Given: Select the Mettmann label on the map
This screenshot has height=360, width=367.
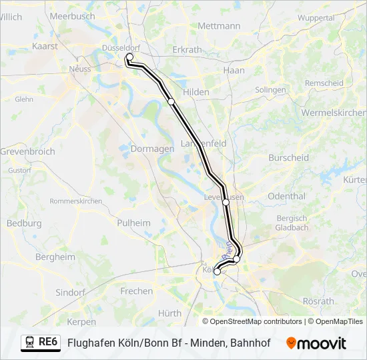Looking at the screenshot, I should click(x=219, y=26).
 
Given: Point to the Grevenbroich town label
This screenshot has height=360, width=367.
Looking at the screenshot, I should click(x=27, y=151).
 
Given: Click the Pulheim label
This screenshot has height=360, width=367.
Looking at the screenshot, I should click(x=133, y=223).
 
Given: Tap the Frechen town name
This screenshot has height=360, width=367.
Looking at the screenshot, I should click(x=136, y=291).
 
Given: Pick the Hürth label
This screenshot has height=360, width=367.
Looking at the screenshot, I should click(x=169, y=313).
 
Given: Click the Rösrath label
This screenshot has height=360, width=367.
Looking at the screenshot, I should click(x=318, y=301).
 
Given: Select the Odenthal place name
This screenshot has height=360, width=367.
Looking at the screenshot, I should click(x=286, y=196).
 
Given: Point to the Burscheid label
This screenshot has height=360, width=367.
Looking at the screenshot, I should click(x=288, y=158).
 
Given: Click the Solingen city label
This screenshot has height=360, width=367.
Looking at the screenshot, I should click(x=270, y=89).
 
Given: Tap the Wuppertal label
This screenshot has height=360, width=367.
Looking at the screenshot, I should click(x=316, y=17).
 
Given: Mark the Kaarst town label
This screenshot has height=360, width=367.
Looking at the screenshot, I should click(x=45, y=47).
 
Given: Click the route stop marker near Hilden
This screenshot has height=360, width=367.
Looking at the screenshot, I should click(x=171, y=101).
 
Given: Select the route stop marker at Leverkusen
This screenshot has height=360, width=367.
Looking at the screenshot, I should click(x=226, y=201).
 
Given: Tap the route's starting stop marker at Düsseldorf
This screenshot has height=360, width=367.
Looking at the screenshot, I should click(x=129, y=58).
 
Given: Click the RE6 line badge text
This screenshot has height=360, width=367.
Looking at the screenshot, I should click(x=48, y=341).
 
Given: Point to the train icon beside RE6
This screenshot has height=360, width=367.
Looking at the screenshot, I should click(x=29, y=342).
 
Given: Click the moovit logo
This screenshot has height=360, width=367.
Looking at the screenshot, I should click(x=316, y=343).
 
